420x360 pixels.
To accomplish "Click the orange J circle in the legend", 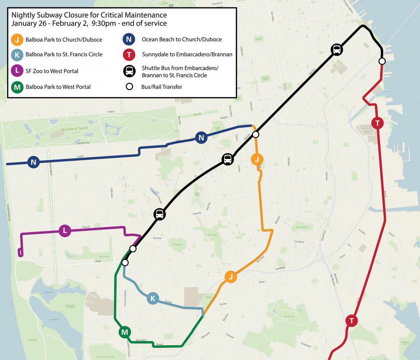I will tap(17, 39).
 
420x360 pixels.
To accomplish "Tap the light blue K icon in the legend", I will tap(17, 54).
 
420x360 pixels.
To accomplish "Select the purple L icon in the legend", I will tap(17, 71).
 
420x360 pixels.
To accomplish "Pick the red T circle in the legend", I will tap(129, 54).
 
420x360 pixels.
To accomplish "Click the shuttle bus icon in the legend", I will tap(129, 71).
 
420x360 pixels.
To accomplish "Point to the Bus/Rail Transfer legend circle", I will tap(129, 87).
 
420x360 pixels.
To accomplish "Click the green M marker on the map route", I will tap(124, 332).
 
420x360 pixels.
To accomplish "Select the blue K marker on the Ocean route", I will tap(153, 298).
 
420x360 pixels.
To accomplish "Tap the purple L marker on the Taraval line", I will tap(65, 231).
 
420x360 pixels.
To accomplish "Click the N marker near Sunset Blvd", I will tap(33, 162).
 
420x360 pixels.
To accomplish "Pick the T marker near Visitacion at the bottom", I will tap(352, 320).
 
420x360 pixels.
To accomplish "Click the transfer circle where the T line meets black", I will tap(382, 61).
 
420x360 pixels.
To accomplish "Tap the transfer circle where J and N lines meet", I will tap(256, 134).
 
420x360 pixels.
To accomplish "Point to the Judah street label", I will tap(80, 157).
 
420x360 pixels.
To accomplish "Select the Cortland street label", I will tap(299, 242).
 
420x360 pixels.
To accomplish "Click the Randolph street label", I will tap(141, 340).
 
